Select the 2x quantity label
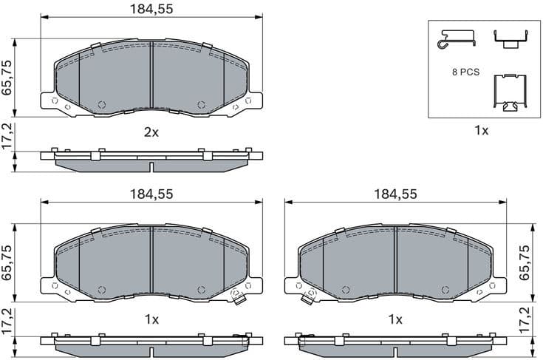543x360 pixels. point(151,132)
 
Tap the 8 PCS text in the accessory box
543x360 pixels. point(465,72)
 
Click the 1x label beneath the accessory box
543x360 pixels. point(481,131)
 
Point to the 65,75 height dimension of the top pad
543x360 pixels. point(8,78)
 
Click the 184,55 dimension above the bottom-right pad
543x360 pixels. point(396,194)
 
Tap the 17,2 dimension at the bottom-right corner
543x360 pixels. point(525,324)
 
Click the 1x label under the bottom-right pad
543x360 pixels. point(396,319)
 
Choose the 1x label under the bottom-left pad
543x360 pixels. point(151,319)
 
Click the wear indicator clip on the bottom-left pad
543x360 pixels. point(238,297)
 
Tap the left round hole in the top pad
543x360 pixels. point(102,103)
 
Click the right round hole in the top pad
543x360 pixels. point(201,103)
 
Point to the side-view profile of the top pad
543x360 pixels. point(151,159)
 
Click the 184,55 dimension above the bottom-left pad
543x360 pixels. point(151,194)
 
